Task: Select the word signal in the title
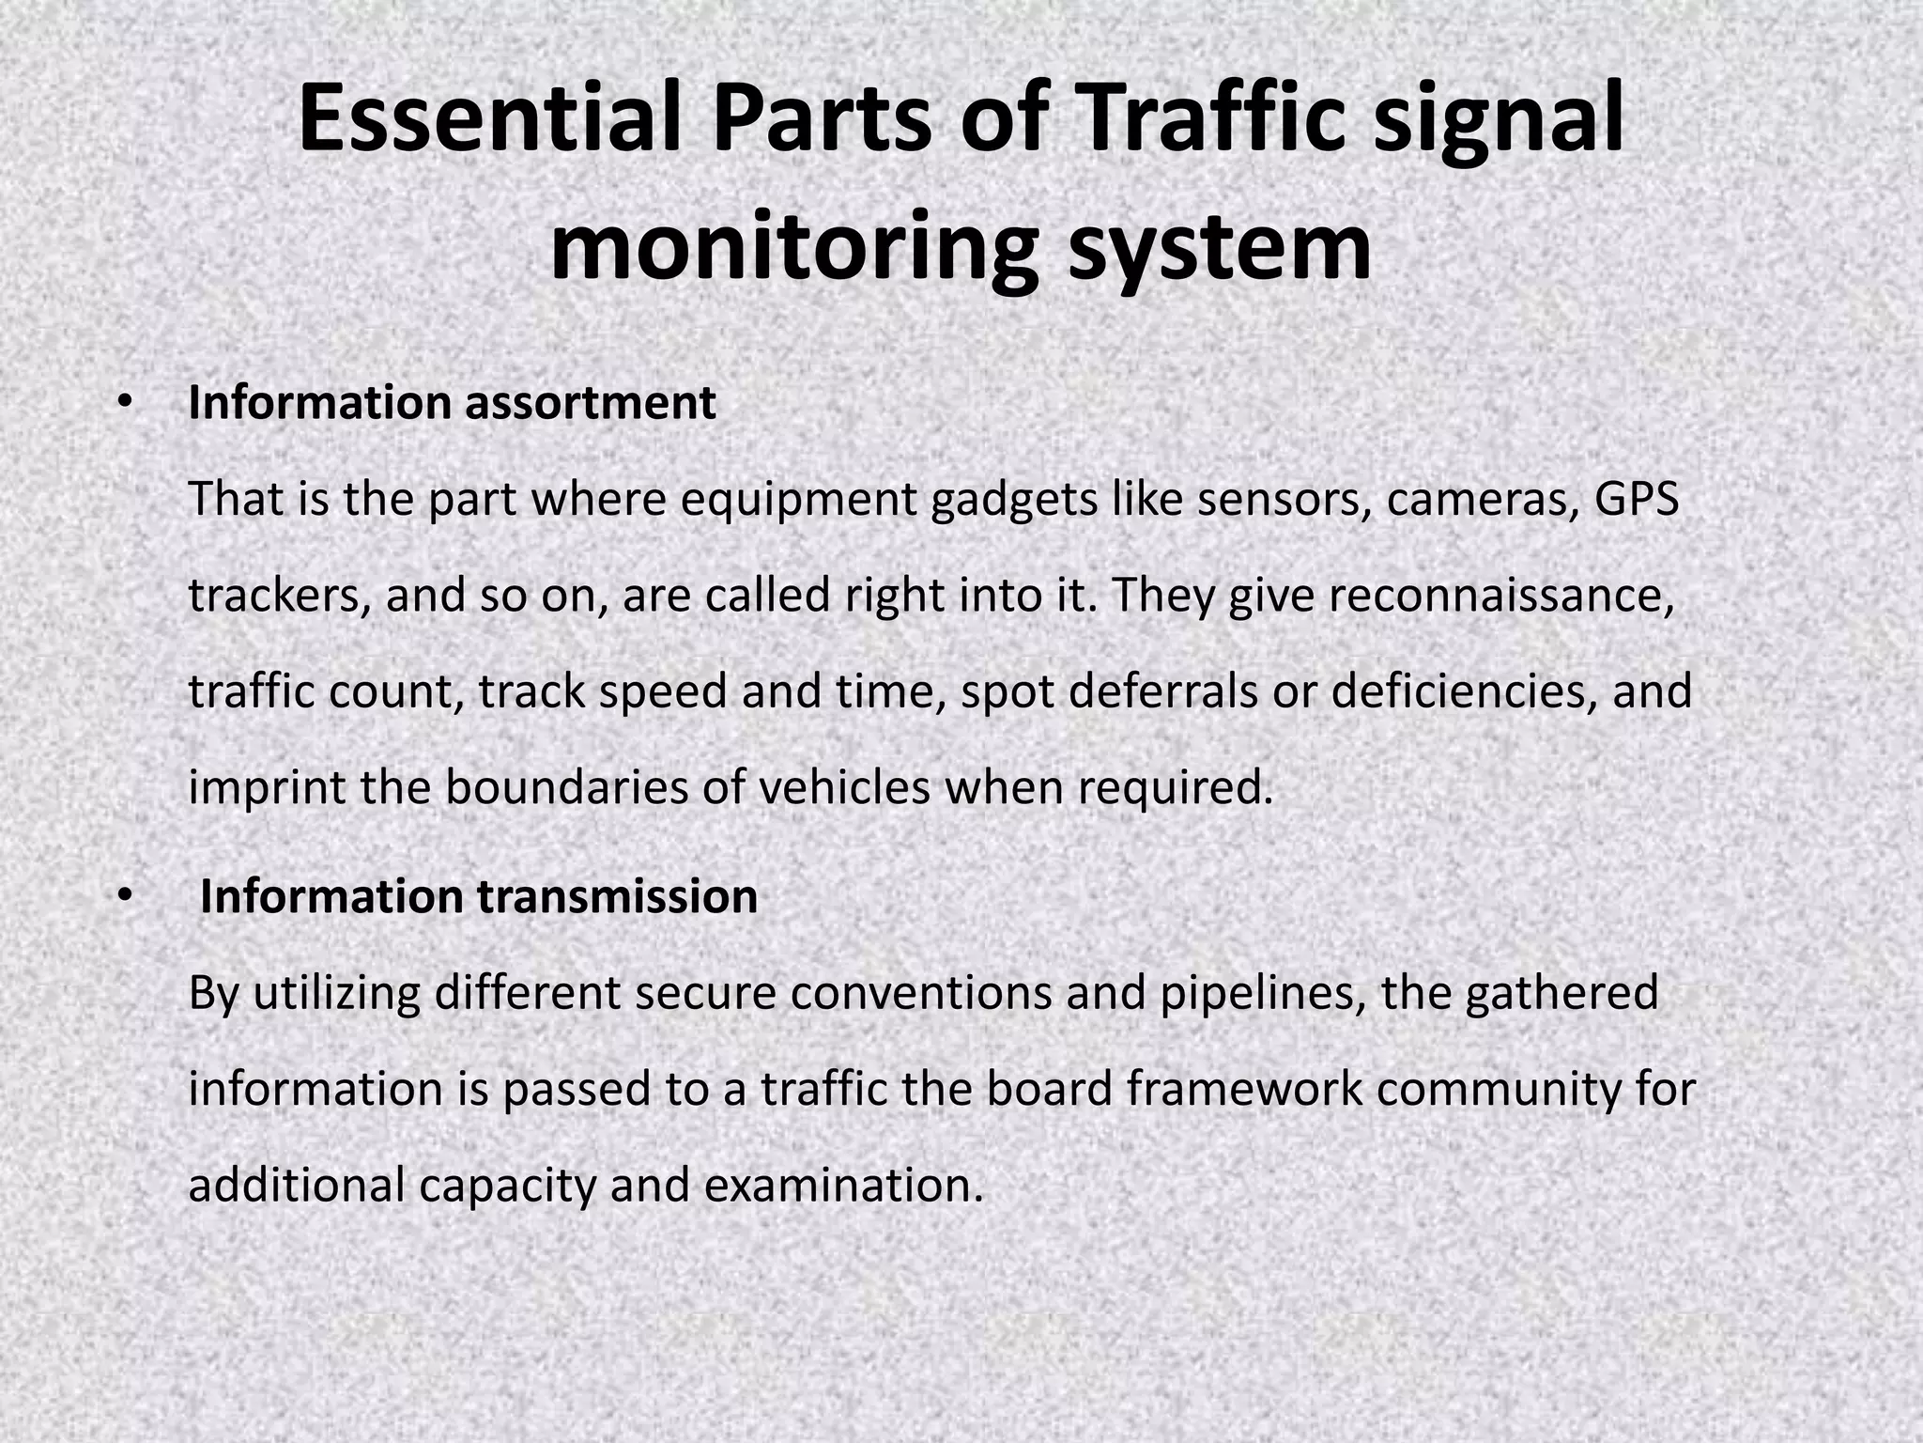pyautogui.click(x=1499, y=119)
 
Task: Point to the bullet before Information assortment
pyautogui.click(x=122, y=402)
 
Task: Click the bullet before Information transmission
pyautogui.click(x=122, y=896)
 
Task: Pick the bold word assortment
pyautogui.click(x=590, y=403)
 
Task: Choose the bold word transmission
pyautogui.click(x=617, y=896)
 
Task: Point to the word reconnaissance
pyautogui.click(x=1501, y=596)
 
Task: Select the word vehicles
pyautogui.click(x=844, y=787)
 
